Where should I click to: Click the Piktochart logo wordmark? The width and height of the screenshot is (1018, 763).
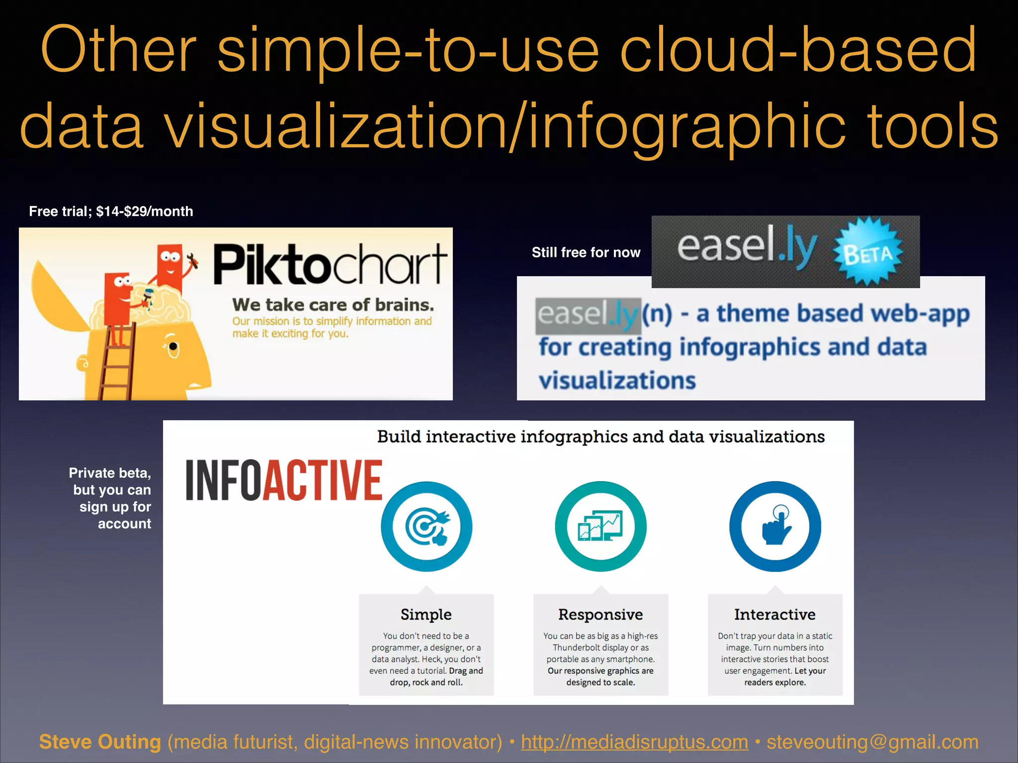(330, 264)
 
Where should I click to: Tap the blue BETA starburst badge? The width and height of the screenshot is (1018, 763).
(868, 252)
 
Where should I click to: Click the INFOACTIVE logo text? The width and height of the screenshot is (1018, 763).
(284, 480)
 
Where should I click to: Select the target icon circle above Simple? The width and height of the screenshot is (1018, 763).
(426, 527)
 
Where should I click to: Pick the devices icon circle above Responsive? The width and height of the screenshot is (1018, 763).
(600, 527)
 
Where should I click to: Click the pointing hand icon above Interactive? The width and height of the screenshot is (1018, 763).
(775, 527)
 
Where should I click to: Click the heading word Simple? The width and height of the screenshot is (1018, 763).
(426, 614)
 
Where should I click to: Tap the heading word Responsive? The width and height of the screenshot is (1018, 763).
(600, 614)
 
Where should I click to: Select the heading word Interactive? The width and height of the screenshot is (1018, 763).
(775, 614)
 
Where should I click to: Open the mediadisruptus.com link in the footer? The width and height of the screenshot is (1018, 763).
(634, 742)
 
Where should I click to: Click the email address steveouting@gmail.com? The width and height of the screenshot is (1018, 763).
(872, 742)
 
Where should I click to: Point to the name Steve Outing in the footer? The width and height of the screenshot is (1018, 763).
(100, 742)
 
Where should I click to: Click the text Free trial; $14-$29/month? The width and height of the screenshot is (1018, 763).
(111, 212)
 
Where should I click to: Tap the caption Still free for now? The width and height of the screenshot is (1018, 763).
(586, 252)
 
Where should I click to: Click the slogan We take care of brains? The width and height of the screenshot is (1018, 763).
(333, 305)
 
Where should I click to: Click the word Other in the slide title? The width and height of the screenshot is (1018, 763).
(118, 50)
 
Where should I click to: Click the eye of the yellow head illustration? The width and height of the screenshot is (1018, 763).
(173, 346)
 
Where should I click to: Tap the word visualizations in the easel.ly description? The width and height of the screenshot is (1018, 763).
(617, 381)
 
